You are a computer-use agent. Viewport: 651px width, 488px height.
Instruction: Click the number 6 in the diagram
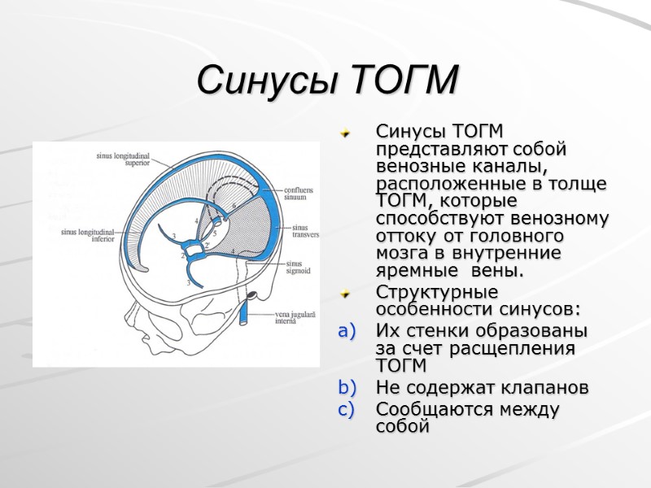click(234, 207)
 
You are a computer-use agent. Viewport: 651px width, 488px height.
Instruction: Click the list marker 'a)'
click(347, 332)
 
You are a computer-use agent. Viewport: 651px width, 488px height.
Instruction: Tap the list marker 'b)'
click(347, 388)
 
